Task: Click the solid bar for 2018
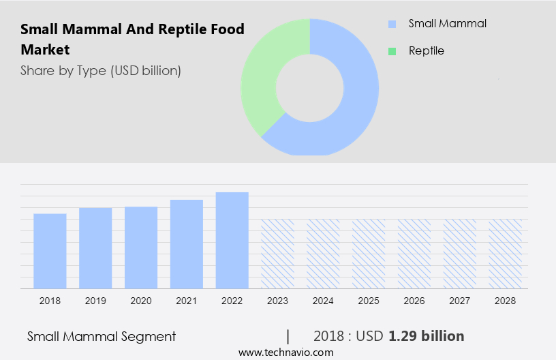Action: [50, 251]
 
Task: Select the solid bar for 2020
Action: [141, 247]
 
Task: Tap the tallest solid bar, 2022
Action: [232, 240]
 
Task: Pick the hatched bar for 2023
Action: [277, 254]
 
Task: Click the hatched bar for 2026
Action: [414, 254]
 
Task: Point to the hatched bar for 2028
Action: [506, 254]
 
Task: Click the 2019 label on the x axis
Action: [95, 300]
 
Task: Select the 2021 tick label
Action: [187, 300]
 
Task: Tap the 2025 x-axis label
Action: [369, 300]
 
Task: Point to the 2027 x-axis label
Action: [460, 300]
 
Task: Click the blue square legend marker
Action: [392, 24]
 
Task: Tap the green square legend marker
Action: [392, 51]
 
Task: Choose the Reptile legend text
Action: [426, 51]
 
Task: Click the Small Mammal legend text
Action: [448, 24]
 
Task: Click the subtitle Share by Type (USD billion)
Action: [101, 71]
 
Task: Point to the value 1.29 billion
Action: [426, 336]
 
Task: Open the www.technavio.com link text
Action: [285, 352]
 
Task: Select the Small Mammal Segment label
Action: [102, 336]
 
